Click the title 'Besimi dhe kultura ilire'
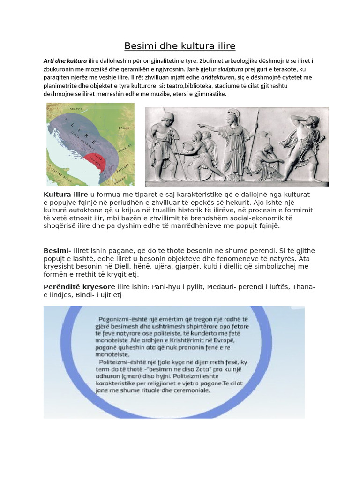point(180,46)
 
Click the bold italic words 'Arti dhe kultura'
point(65,61)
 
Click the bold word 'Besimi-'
point(57,251)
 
